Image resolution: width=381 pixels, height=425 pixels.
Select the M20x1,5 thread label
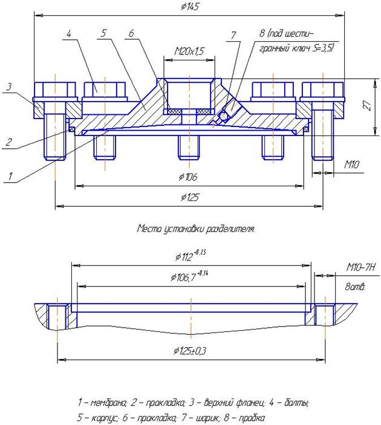(x=189, y=52)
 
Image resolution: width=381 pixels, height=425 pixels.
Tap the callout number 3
(x=8, y=88)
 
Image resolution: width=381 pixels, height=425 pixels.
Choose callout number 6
(x=131, y=34)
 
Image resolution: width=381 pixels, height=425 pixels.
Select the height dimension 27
(x=366, y=105)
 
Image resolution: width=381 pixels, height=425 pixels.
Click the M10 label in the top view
(x=352, y=163)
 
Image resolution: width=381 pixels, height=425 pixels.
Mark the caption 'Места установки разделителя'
(x=196, y=229)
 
